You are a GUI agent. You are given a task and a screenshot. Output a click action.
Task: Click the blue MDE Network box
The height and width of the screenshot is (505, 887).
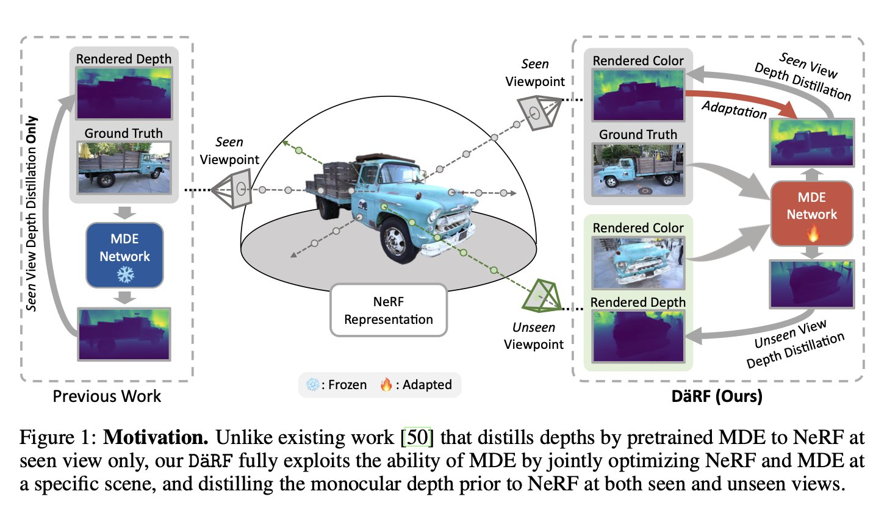[124, 255]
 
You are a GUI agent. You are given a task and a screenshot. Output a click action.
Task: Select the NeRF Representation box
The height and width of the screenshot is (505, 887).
[388, 309]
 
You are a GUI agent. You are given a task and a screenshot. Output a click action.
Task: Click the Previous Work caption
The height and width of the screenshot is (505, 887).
[107, 396]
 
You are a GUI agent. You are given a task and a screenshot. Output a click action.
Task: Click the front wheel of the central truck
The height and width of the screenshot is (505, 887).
[401, 240]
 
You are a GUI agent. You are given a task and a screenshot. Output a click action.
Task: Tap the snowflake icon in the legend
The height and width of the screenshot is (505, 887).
[312, 385]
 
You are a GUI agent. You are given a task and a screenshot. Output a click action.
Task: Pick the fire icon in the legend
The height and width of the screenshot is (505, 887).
[386, 385]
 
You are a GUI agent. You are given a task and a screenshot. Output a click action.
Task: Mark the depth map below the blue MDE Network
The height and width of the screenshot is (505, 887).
[124, 333]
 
